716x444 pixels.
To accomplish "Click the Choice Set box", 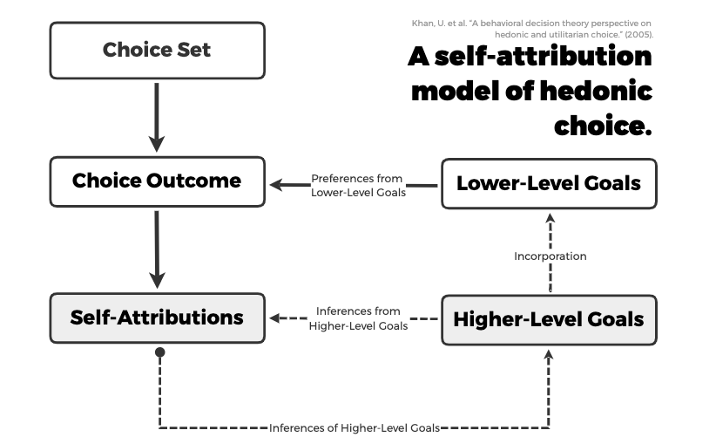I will point(157,49).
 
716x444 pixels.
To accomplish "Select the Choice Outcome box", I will point(157,181).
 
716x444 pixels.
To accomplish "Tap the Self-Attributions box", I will point(157,318).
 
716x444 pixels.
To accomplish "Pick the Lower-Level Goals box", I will point(549,183).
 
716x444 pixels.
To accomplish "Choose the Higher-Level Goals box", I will point(549,319).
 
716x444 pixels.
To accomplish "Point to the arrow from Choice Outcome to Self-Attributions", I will point(157,249).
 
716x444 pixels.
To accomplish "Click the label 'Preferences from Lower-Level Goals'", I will point(358,186).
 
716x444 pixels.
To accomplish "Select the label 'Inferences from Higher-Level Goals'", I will point(358,318).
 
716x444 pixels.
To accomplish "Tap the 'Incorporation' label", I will point(550,256).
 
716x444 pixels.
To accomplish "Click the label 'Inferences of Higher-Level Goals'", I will point(354,428).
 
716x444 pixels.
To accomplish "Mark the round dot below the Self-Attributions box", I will point(159,352).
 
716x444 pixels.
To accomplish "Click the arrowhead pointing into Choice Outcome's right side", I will point(276,185).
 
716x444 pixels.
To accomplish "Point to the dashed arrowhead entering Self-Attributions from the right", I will point(276,318).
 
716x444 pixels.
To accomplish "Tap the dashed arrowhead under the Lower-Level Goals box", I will point(550,217).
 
